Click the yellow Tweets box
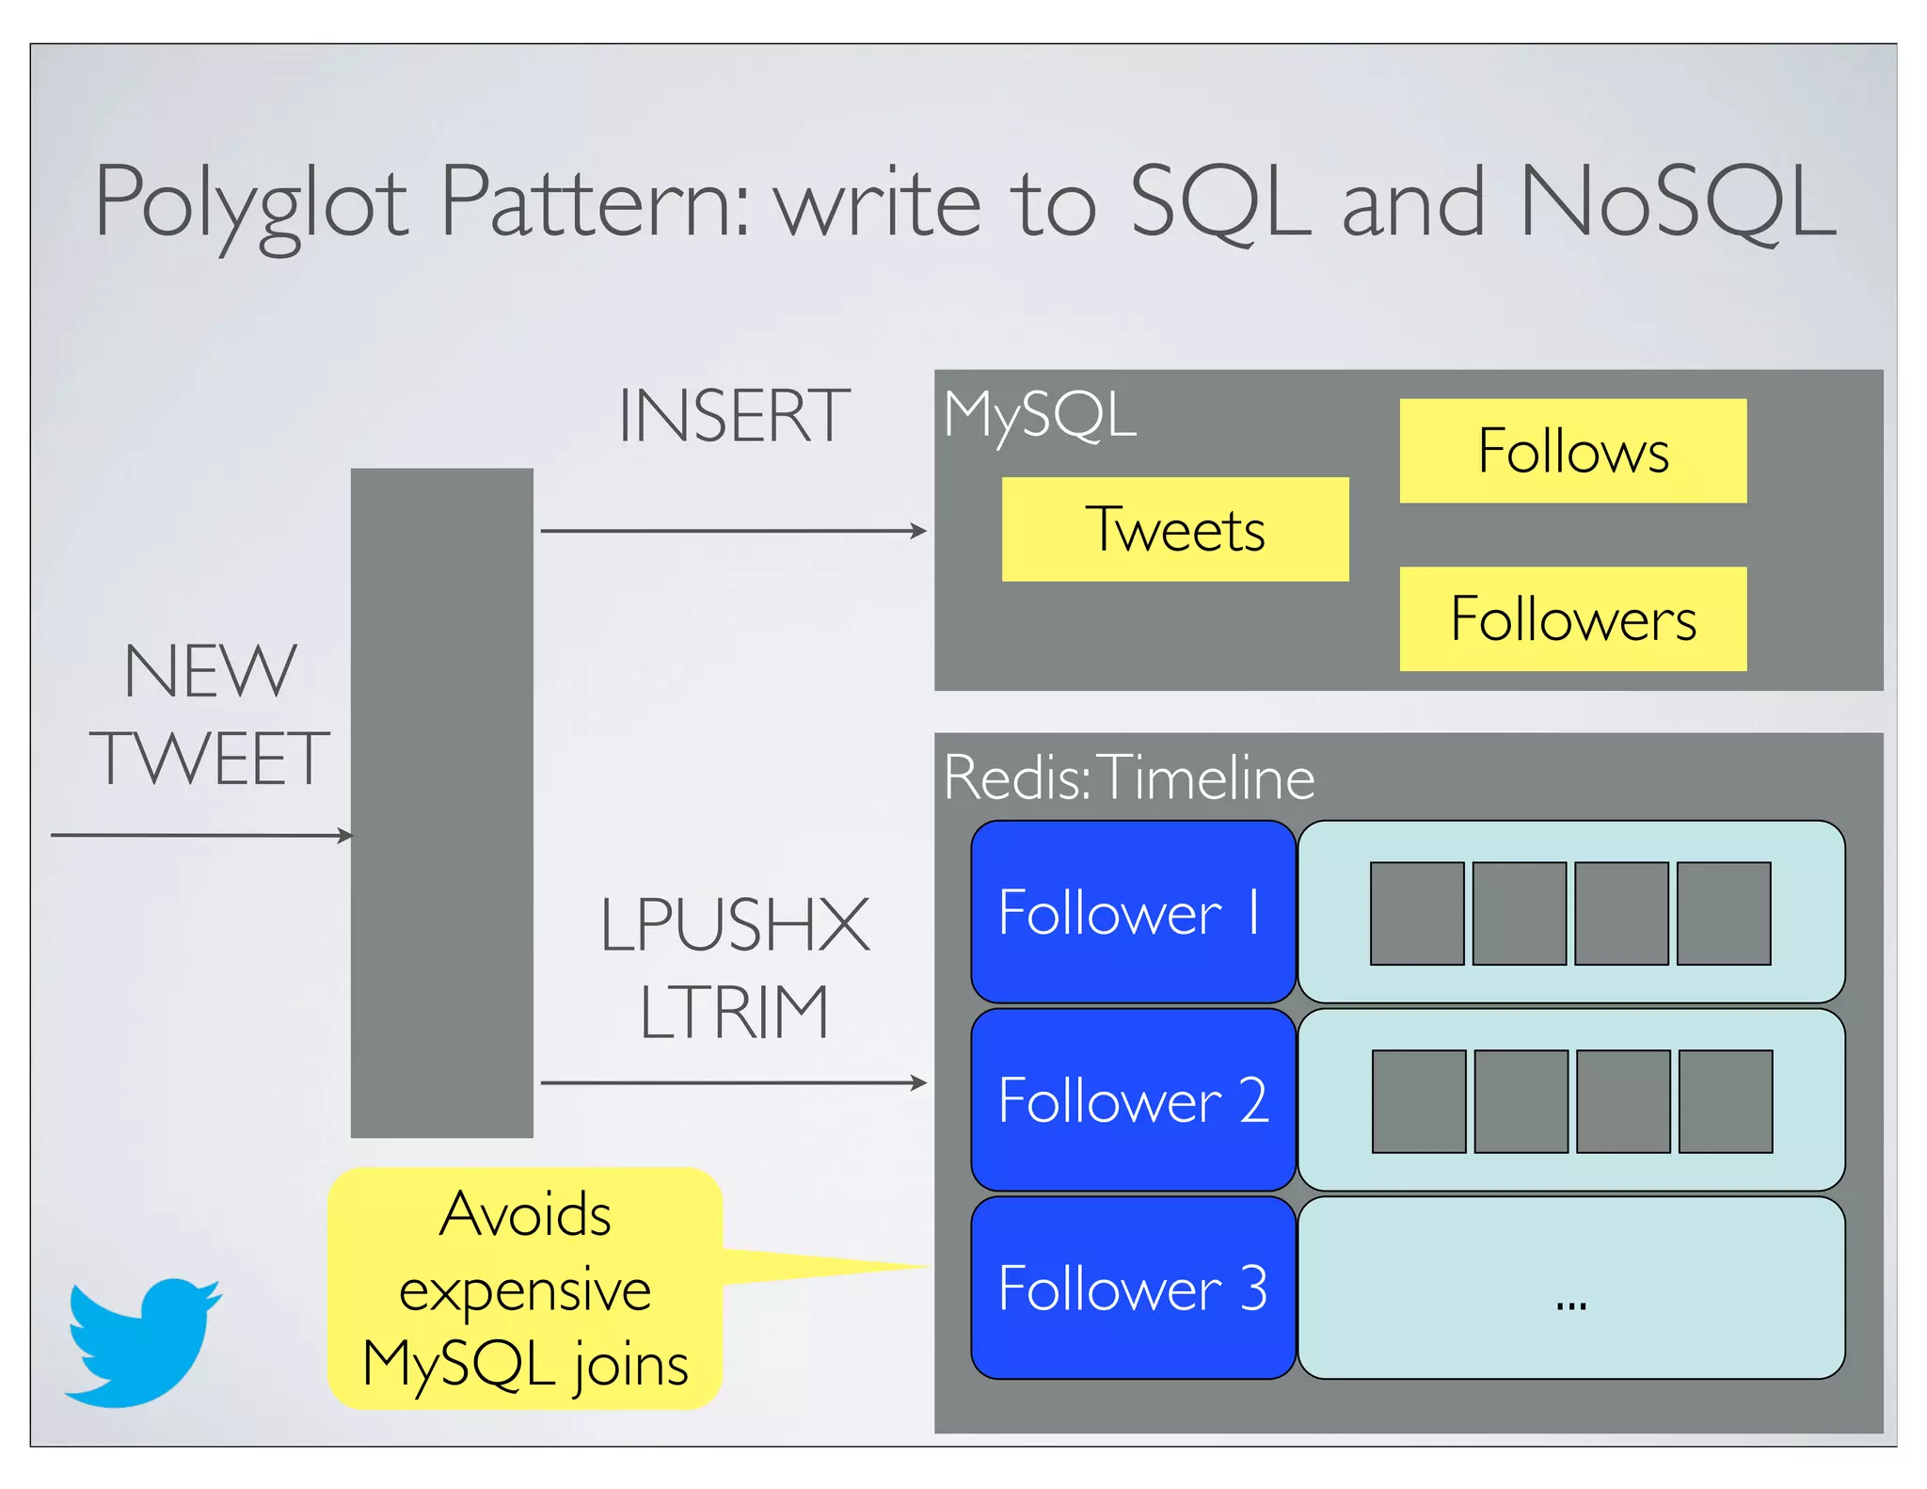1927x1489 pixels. (x=1174, y=529)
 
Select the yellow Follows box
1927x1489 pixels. (x=1572, y=450)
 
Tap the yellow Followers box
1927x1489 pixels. (x=1572, y=618)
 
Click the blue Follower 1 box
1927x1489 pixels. (x=1132, y=911)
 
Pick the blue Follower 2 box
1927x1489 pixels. (x=1132, y=1099)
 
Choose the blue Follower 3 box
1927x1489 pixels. (x=1132, y=1288)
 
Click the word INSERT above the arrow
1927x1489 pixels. (x=734, y=416)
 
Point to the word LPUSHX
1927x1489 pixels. (x=734, y=925)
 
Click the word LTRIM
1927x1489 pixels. (x=734, y=1013)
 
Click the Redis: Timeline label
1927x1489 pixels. (x=1128, y=777)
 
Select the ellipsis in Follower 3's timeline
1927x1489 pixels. (x=1570, y=1305)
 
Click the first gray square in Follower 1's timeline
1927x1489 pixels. (x=1416, y=913)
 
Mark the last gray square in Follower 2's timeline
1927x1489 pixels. (x=1725, y=1101)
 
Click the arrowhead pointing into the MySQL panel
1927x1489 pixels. (x=918, y=531)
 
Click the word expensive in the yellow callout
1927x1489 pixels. (x=524, y=1289)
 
